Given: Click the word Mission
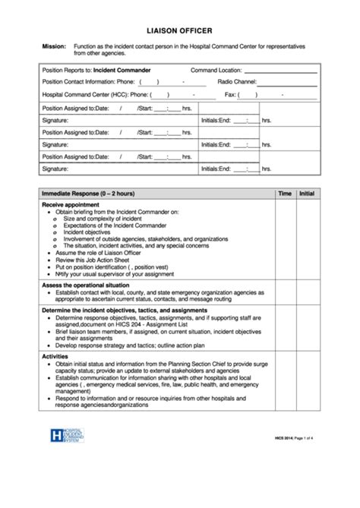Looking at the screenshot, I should tap(53, 47).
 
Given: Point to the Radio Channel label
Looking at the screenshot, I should tap(236, 81).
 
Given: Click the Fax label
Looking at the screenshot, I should tap(230, 95).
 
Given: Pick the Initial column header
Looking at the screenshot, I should tap(307, 194).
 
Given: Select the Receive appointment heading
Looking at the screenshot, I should tap(71, 205).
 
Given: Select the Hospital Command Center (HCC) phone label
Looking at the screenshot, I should tap(94, 95).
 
